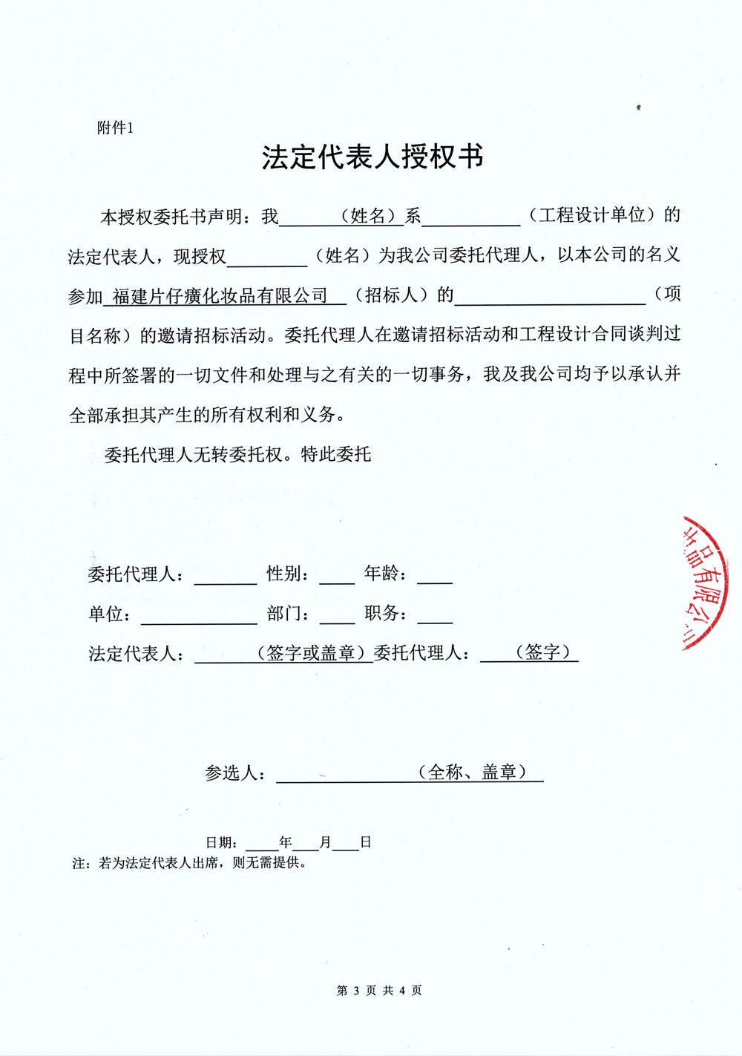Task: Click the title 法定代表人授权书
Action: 372,157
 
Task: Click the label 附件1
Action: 115,128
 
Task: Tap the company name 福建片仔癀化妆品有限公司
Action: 220,296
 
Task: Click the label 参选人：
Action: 235,773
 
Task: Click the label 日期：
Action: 222,842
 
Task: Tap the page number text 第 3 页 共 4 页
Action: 379,991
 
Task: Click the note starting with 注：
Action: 190,863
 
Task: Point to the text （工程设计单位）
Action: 593,215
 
